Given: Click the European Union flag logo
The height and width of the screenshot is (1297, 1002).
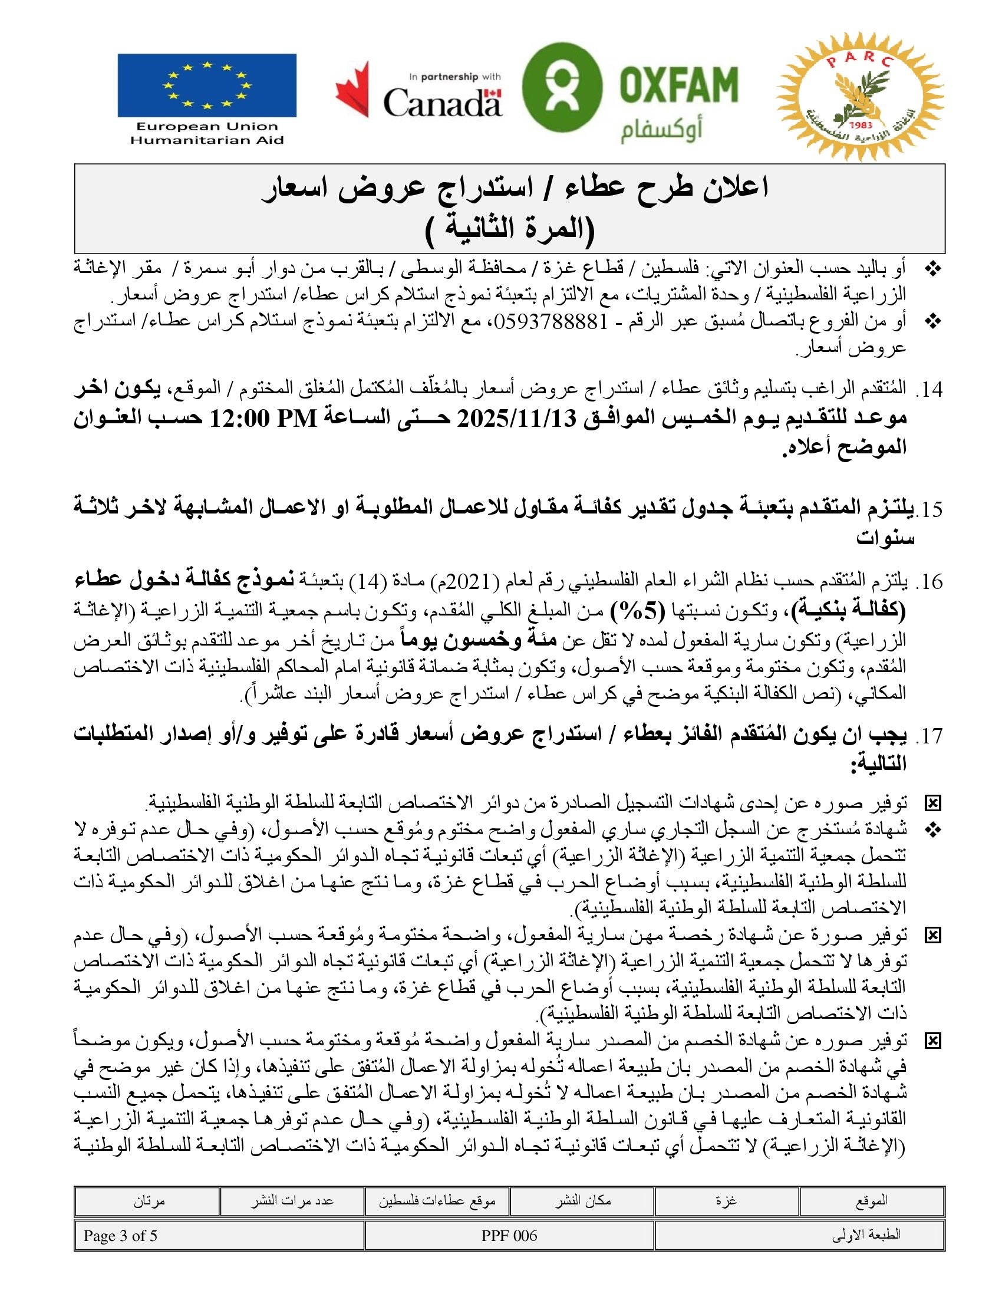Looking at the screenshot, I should pyautogui.click(x=206, y=85).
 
